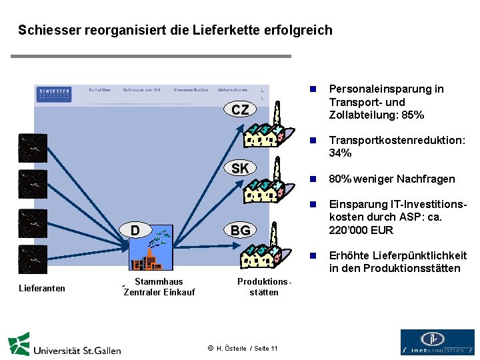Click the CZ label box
point(240,110)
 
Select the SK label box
point(240,168)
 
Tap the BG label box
point(240,231)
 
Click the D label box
point(135,231)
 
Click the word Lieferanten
point(42,288)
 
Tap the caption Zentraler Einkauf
point(159,292)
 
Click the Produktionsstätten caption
point(264,287)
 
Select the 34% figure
point(340,153)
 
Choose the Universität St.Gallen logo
point(64,345)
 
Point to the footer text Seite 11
point(266,348)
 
